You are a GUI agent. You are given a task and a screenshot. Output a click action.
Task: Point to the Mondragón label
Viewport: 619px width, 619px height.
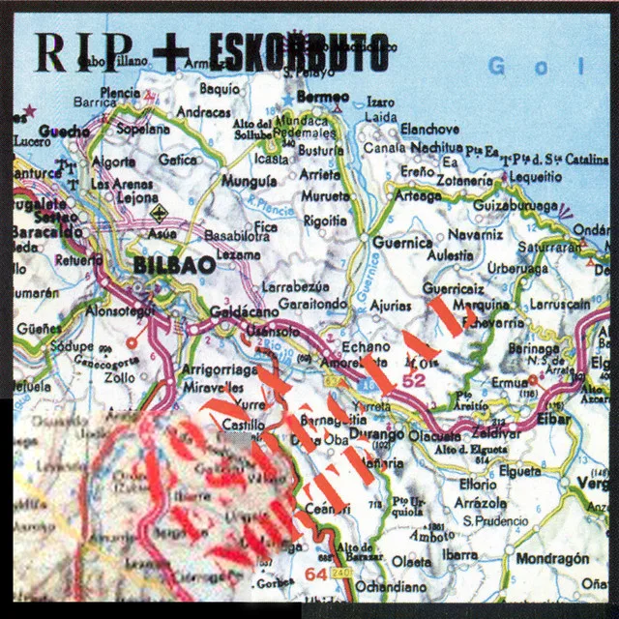coord(554,559)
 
